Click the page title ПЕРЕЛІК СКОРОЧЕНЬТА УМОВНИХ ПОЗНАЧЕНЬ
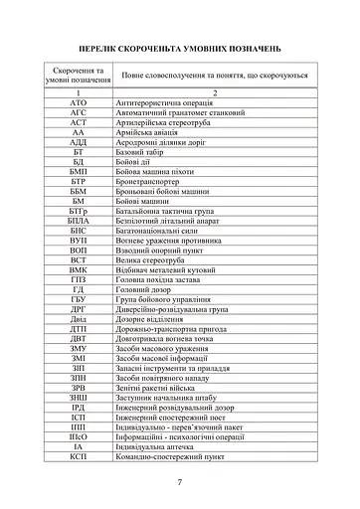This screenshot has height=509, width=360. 180,48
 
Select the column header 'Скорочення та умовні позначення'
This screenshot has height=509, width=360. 79,76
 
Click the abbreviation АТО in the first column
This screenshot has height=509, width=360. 79,102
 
